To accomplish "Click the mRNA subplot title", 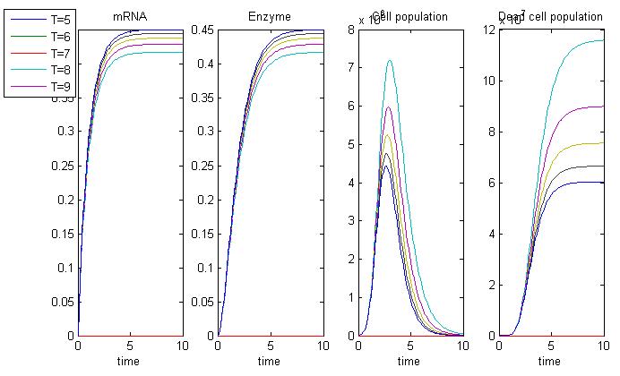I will point(131,17).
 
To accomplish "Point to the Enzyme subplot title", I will point(270,17).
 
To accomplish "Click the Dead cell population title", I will point(551,17).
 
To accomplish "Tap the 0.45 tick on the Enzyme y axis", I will point(202,30).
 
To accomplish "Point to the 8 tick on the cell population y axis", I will point(352,30).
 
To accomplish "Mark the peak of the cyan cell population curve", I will point(389,61).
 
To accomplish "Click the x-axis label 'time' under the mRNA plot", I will point(131,362).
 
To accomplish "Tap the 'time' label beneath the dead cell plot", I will point(551,362).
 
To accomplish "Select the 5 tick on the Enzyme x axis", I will point(270,346).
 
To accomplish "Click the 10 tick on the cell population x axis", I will point(462,346).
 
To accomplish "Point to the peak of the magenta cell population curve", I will point(388,107).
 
